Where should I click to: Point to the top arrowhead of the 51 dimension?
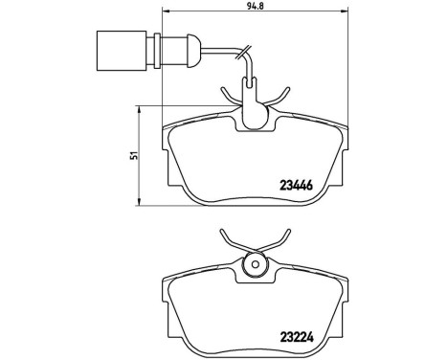[144, 106]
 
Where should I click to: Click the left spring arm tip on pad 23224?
[222, 235]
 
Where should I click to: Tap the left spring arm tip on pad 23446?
[222, 89]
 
